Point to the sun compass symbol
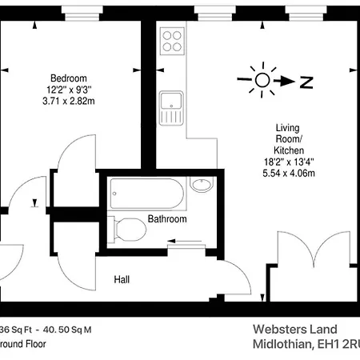point(262,80)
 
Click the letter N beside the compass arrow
point(305,80)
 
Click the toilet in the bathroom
point(128,230)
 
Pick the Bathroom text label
point(167,219)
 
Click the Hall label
point(122,280)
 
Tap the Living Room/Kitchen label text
point(288,138)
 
